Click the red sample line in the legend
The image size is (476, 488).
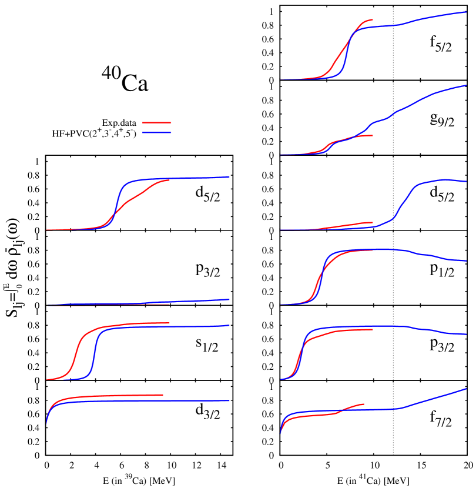(x=157, y=123)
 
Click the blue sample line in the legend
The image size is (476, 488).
(x=157, y=133)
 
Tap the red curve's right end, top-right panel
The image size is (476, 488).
(x=373, y=19)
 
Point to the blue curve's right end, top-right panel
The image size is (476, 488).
(x=466, y=12)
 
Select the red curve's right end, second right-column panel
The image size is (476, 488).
(x=373, y=135)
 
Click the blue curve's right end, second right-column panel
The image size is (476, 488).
(x=466, y=85)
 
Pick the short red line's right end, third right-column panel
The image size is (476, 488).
(x=373, y=222)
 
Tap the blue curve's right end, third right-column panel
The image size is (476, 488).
(x=466, y=181)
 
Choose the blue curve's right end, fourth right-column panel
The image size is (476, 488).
(x=466, y=260)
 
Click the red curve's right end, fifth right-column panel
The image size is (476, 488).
(x=373, y=329)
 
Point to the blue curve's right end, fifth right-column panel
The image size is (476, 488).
(x=466, y=335)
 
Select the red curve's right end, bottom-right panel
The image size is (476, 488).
(x=364, y=404)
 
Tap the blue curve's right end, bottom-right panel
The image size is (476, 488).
(x=466, y=389)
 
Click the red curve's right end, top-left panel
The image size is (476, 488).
(x=169, y=179)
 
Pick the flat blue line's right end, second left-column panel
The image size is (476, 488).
(x=229, y=299)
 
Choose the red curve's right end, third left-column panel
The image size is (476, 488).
(x=169, y=323)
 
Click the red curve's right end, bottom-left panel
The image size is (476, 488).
(x=163, y=395)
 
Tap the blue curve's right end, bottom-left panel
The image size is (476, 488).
(x=229, y=400)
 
